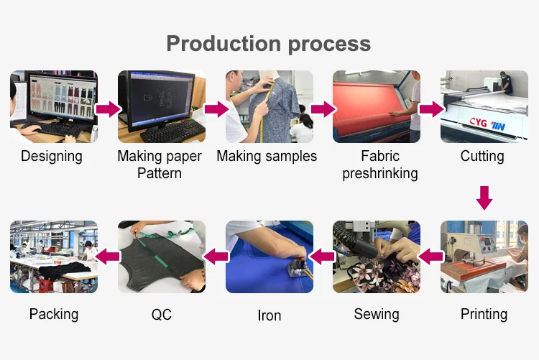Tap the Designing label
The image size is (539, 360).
(52, 156)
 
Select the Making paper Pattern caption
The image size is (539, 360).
(160, 165)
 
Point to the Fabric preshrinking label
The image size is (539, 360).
(380, 165)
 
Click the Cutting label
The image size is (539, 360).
(482, 156)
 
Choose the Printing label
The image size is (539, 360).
(484, 314)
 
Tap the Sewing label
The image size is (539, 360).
(377, 314)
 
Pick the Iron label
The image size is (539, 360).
(269, 315)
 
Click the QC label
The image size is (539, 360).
(162, 315)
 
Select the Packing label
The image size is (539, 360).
(54, 314)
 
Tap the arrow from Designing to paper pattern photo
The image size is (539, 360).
(108, 109)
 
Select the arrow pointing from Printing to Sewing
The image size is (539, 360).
(430, 254)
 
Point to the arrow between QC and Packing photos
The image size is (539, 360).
(108, 254)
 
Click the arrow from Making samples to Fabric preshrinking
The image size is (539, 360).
(323, 109)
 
